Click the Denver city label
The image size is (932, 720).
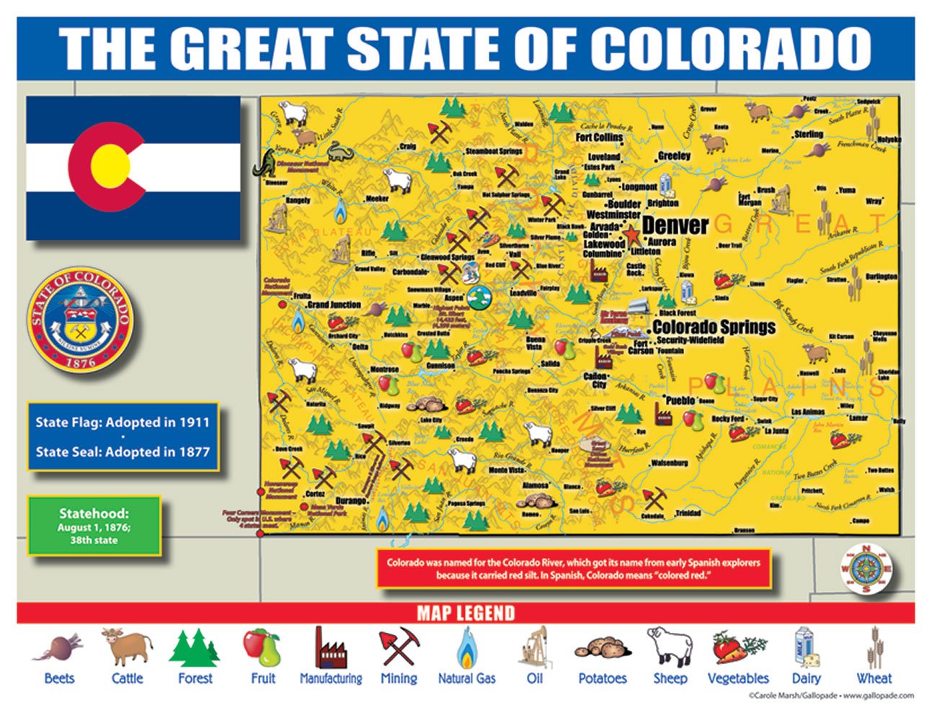[675, 225]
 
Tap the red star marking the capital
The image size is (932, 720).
[632, 235]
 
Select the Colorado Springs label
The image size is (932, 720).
[714, 327]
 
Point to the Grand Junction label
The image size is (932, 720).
[334, 305]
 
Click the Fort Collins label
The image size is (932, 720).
[599, 137]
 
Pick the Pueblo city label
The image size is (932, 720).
[680, 400]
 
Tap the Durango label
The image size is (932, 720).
[351, 500]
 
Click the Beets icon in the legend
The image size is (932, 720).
[58, 648]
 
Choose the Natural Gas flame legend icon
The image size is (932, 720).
[466, 648]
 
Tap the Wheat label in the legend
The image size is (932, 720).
[874, 678]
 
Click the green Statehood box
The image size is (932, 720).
[94, 526]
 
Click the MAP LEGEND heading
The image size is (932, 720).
[466, 613]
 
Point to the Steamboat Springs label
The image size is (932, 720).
[494, 151]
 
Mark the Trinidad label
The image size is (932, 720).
[688, 513]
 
